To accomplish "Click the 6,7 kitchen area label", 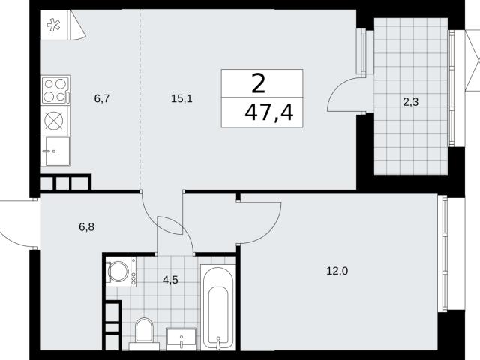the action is (x=102, y=98).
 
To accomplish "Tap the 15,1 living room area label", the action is (x=181, y=98).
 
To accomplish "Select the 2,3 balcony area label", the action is (x=410, y=102).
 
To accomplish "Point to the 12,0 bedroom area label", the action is (x=337, y=271).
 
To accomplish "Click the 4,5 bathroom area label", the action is (x=170, y=280).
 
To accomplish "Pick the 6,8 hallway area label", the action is (x=87, y=226).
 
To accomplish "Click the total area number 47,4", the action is (x=269, y=112).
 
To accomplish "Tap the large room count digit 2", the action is (x=258, y=84).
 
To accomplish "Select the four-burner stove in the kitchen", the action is (x=55, y=90).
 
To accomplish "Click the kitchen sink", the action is (x=55, y=151).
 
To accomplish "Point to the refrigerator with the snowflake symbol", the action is (x=54, y=25).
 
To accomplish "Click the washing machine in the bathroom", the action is (x=121, y=271).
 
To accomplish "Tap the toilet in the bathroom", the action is (x=144, y=333).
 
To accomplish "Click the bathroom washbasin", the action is (x=181, y=338).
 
